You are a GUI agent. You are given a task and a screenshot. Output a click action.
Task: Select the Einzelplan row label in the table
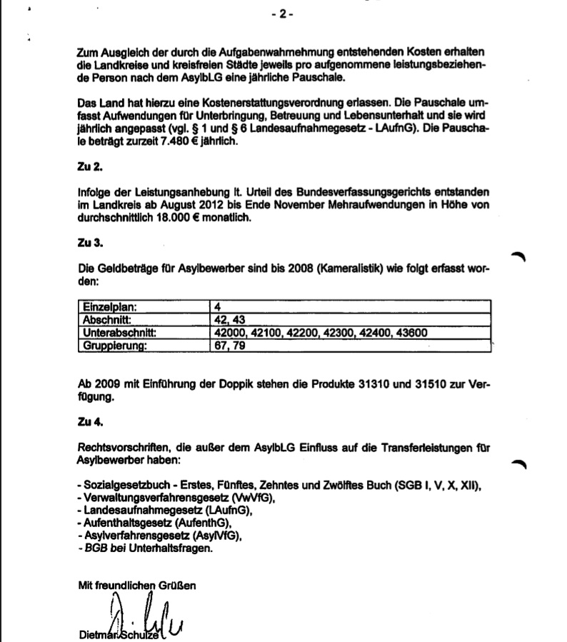111,307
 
